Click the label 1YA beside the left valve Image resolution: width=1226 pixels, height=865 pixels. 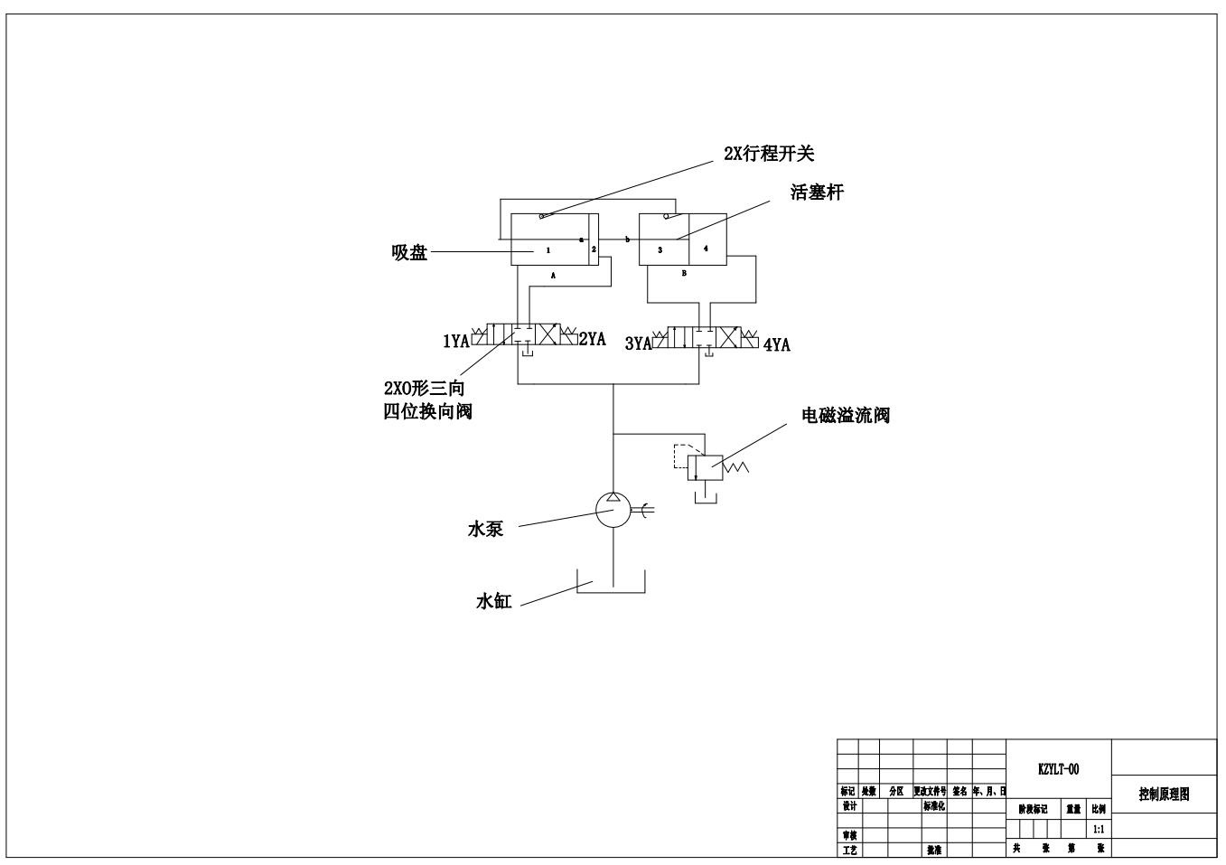(455, 341)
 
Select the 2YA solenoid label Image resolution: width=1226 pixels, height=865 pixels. (593, 339)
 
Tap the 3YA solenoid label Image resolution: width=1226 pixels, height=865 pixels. (639, 343)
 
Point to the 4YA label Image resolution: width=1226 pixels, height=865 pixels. (777, 344)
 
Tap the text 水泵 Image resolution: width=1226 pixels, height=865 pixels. (485, 530)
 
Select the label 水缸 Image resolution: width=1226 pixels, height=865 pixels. (494, 602)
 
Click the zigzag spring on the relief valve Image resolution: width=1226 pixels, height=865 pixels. (739, 467)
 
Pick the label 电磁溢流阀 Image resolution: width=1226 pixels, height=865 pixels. (846, 416)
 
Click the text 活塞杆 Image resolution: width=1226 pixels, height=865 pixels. (817, 193)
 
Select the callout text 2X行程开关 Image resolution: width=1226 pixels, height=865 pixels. (769, 154)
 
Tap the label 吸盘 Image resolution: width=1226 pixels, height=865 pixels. (409, 253)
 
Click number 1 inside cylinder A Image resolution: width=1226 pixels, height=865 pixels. (547, 249)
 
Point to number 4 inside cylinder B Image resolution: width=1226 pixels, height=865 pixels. (706, 249)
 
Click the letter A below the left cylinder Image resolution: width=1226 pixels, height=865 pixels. (553, 273)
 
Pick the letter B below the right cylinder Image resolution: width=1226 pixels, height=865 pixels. (684, 273)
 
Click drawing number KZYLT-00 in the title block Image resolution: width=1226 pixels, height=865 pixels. (1058, 770)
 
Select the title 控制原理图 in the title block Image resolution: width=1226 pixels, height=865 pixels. (1164, 794)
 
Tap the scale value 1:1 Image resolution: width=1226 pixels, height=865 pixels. (1099, 829)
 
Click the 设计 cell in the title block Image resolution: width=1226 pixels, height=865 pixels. (849, 806)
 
